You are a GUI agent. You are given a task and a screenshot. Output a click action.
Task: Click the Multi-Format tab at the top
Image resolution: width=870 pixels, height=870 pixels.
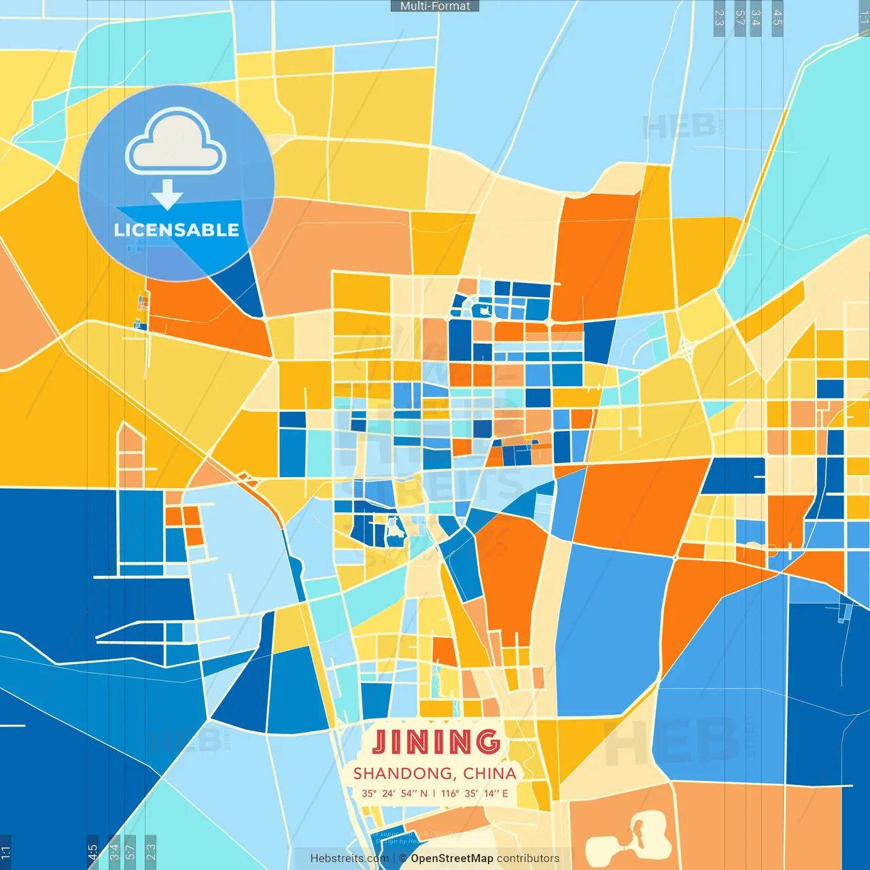tap(435, 6)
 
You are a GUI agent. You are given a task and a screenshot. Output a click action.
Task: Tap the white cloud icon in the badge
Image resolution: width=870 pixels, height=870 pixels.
tap(176, 142)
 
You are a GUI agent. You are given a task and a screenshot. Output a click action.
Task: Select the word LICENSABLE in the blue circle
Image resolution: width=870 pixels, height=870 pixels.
tap(177, 230)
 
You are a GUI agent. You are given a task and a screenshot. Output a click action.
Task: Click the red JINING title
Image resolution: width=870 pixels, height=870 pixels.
tap(436, 742)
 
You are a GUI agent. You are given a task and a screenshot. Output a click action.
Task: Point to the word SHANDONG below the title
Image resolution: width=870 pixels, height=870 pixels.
tap(404, 773)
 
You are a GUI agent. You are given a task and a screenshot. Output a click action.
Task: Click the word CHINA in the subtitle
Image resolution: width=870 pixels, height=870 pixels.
tap(489, 773)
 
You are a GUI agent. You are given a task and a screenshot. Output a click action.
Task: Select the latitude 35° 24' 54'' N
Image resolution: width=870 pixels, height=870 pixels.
tap(395, 793)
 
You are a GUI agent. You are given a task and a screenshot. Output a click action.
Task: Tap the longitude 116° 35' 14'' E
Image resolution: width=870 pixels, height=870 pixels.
tap(474, 793)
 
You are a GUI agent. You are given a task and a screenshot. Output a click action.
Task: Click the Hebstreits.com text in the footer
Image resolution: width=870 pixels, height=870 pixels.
tap(349, 858)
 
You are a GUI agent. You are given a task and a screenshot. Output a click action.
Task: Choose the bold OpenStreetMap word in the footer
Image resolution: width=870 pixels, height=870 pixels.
tap(452, 858)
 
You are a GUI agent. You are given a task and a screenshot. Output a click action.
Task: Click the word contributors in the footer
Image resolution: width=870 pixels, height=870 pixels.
tap(528, 858)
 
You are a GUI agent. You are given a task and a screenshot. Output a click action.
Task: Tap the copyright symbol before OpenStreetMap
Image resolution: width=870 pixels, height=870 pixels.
tap(402, 858)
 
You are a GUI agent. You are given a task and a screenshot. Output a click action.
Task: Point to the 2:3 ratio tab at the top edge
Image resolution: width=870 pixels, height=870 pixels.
tap(719, 18)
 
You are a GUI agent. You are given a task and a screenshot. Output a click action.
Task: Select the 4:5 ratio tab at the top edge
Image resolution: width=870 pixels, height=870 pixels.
tap(778, 18)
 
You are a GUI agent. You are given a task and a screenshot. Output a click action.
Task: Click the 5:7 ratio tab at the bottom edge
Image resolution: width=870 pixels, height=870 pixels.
tap(130, 850)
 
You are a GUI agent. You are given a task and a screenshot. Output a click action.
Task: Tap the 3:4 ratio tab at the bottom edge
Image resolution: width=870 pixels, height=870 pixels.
tap(114, 850)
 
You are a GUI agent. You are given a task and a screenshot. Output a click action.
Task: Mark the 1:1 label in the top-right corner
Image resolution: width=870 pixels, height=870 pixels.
tap(864, 18)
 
